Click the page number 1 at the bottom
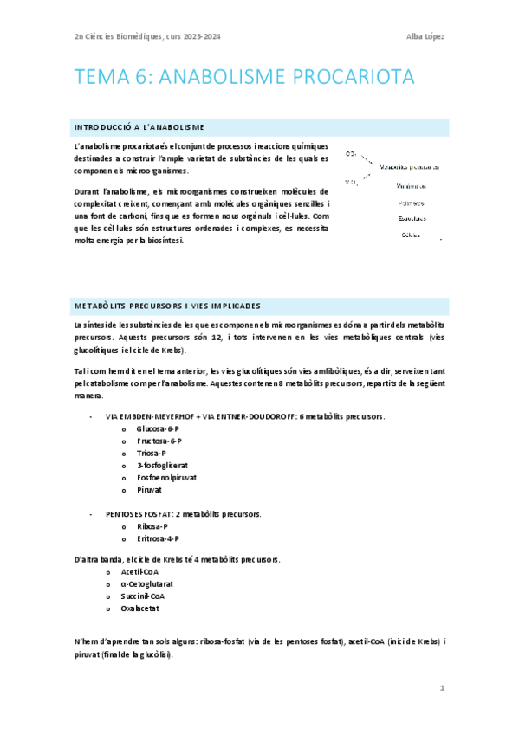click(x=442, y=688)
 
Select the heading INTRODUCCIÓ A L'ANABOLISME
click(x=139, y=127)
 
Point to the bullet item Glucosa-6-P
click(x=158, y=428)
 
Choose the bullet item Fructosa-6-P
click(x=158, y=441)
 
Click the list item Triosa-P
click(x=152, y=453)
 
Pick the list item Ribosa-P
click(x=152, y=525)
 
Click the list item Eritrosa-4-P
click(x=158, y=538)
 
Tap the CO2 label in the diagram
click(x=351, y=153)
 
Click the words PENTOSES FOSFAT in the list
click(x=139, y=513)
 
